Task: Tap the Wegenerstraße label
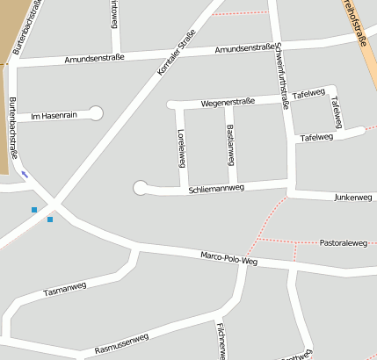pos(227,102)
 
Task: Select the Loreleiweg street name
pos(181,148)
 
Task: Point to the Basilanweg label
pos(230,143)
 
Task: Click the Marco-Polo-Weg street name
pos(228,258)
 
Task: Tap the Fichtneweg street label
pos(221,341)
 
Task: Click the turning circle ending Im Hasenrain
pos(96,112)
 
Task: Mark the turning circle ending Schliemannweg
pos(140,187)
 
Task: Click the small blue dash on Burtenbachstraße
pos(25,173)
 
